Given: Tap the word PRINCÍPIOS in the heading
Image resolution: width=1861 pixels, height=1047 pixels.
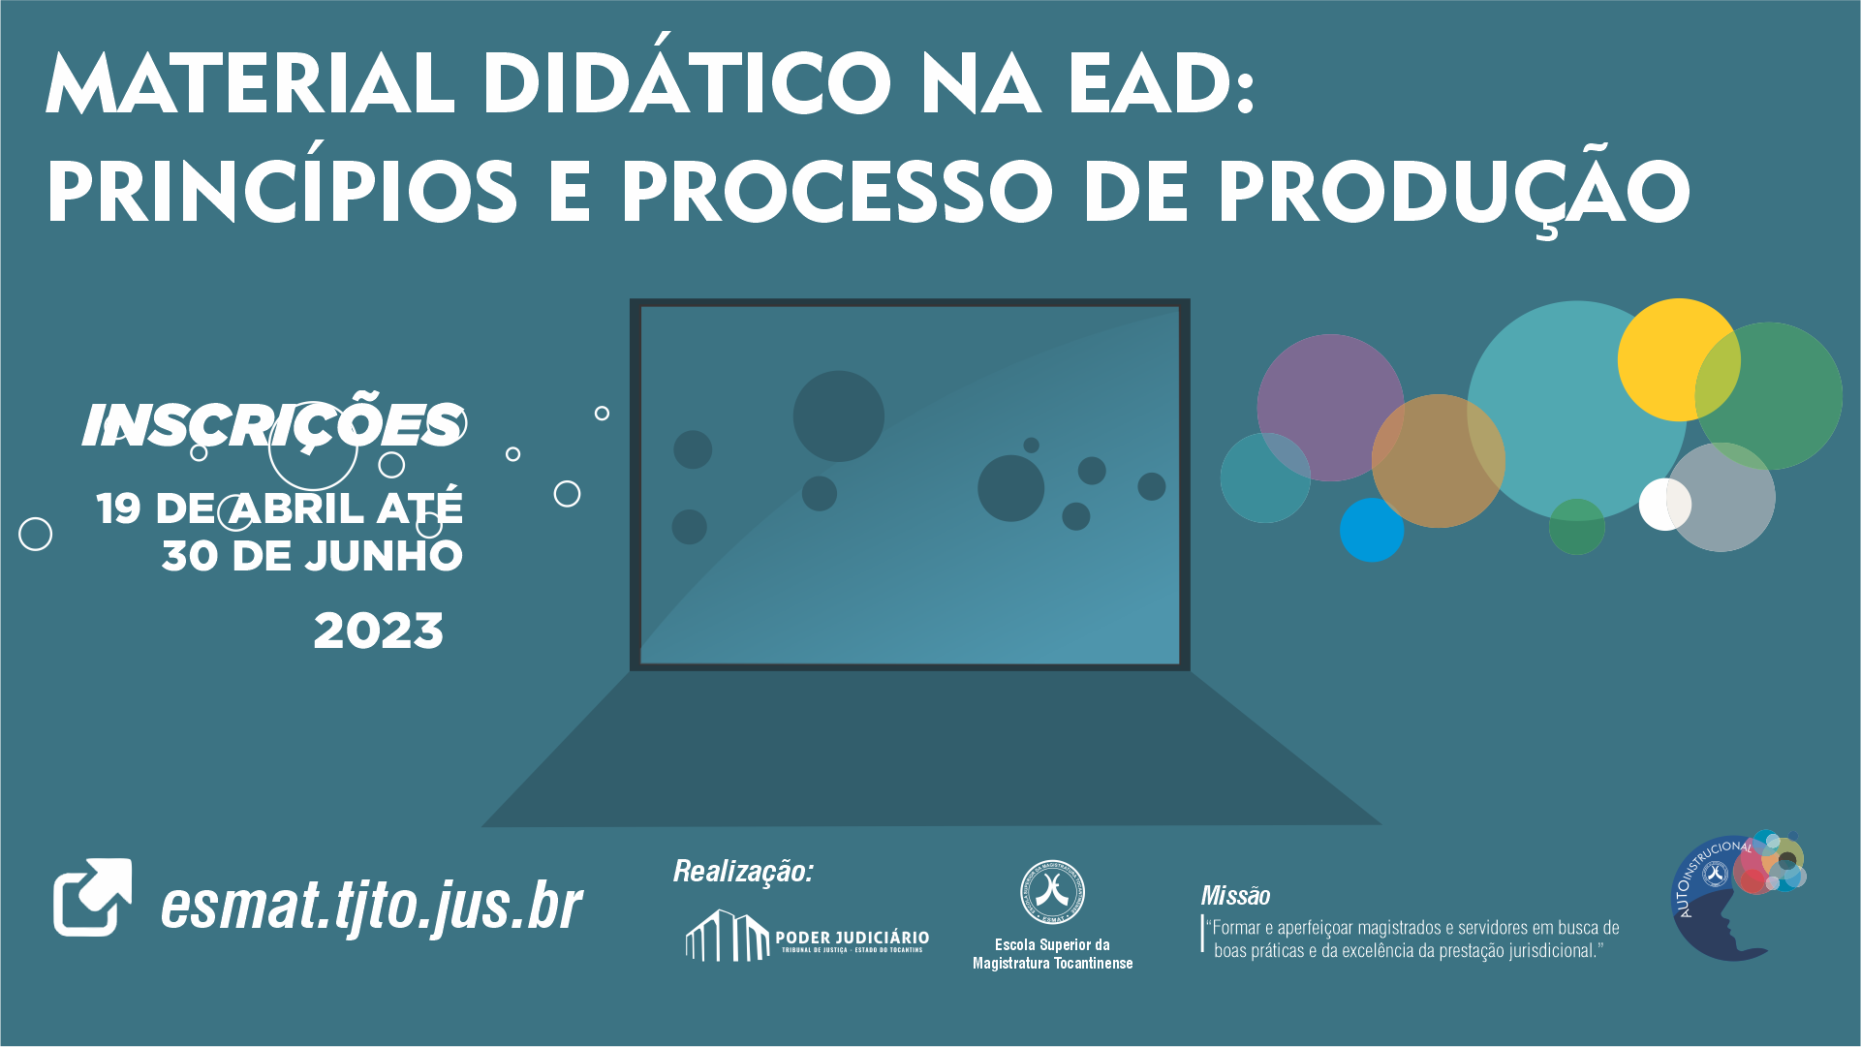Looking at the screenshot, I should [x=282, y=191].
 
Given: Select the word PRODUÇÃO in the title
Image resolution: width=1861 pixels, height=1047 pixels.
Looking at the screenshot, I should [x=1454, y=191].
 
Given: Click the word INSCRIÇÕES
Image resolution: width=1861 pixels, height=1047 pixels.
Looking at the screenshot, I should [x=272, y=425].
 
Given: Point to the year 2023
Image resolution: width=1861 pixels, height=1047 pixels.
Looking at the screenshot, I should [x=379, y=631].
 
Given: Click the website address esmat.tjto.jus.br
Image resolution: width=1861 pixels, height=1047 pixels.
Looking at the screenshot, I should [x=371, y=906].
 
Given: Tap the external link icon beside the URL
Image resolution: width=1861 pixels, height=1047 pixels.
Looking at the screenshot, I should [x=92, y=897].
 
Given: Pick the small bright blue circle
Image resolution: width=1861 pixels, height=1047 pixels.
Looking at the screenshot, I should [x=1371, y=531].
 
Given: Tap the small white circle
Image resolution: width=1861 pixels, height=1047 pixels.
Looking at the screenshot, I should [x=1662, y=504].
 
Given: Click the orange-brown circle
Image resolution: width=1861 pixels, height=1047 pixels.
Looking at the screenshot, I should [x=1438, y=461].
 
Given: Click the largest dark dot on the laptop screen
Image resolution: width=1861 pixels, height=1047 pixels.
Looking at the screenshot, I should [x=838, y=416].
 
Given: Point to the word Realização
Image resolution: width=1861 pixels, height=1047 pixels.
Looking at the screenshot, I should [x=743, y=872].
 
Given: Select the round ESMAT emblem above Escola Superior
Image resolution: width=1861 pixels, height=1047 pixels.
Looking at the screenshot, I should [x=1052, y=892].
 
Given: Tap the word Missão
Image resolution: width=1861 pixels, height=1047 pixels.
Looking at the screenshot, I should [x=1235, y=896].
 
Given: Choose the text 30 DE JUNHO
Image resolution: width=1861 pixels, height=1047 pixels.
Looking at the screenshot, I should [x=312, y=557].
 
